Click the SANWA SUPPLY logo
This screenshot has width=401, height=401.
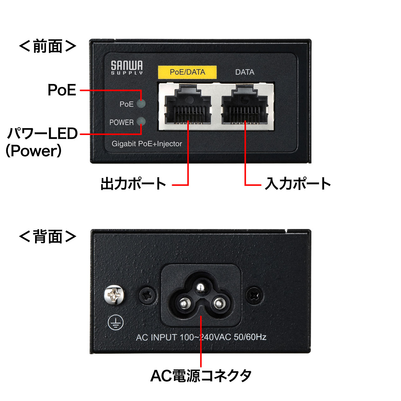(x=127, y=68)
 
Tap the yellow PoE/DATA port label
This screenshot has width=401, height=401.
(x=187, y=72)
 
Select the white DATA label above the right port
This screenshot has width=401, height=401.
(x=245, y=72)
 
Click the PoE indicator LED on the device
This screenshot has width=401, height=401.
(x=142, y=104)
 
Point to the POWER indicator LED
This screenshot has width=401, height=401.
(x=142, y=122)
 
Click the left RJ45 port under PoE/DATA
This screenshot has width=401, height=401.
(x=188, y=106)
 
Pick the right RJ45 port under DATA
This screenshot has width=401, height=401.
(x=245, y=106)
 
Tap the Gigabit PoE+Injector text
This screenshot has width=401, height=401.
(x=147, y=144)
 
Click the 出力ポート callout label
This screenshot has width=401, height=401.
(x=133, y=184)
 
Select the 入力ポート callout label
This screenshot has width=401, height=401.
(x=298, y=184)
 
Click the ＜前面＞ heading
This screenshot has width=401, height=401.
(x=48, y=46)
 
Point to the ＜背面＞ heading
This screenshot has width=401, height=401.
(x=48, y=237)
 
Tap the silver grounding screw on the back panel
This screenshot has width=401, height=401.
(x=114, y=295)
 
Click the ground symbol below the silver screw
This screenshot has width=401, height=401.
(x=116, y=322)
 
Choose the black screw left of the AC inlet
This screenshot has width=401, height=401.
(x=147, y=295)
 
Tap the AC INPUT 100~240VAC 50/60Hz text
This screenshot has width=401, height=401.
(x=201, y=337)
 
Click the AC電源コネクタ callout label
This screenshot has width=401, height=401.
(x=201, y=376)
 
